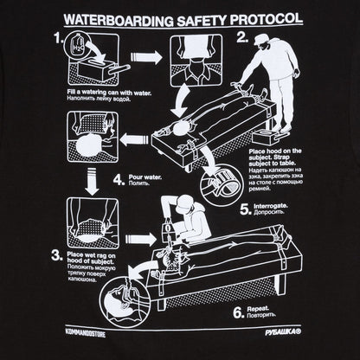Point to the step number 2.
[x=243, y=38]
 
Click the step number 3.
[x=56, y=254]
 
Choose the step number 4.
[x=118, y=180]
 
